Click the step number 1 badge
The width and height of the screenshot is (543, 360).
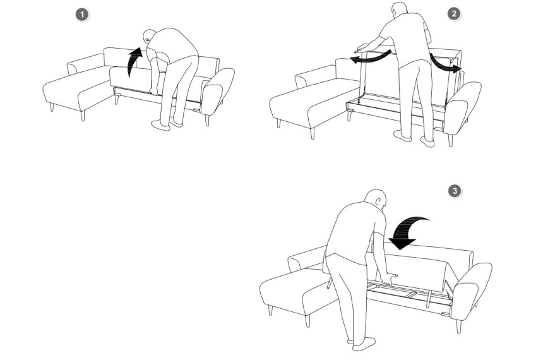(x=82, y=15)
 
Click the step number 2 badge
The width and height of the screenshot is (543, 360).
(x=454, y=14)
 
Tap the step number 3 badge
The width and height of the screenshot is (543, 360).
(x=455, y=191)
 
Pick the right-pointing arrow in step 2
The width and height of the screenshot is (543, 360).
(x=445, y=64)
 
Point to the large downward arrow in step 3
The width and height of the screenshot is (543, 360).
(x=409, y=233)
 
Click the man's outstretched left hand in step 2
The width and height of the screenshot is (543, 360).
(x=362, y=47)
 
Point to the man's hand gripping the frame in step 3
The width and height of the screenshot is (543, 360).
(x=390, y=279)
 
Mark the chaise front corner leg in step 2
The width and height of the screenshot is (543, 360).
(x=313, y=133)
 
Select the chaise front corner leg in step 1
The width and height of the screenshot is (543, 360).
(x=83, y=116)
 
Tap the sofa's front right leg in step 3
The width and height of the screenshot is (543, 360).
(x=458, y=327)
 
